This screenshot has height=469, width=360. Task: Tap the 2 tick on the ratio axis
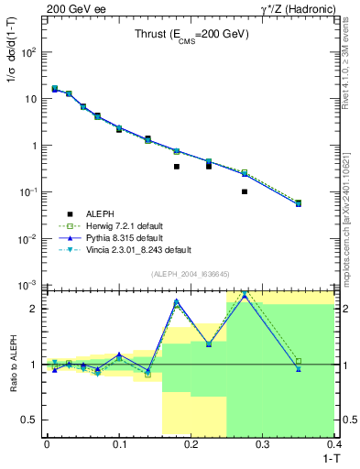coord(35,308)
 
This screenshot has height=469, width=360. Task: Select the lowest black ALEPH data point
coord(245,191)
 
